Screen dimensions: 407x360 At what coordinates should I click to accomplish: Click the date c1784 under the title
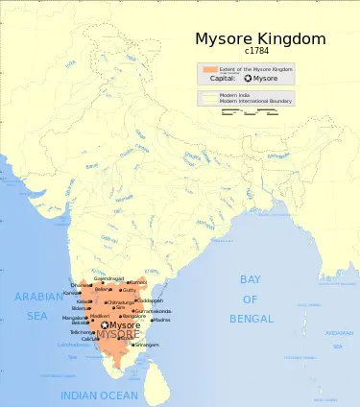coord(256,52)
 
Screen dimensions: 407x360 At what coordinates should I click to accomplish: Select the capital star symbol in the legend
coord(248,79)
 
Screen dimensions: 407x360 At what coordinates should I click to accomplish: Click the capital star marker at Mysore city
coord(105,325)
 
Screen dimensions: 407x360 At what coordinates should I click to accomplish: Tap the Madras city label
coord(161,320)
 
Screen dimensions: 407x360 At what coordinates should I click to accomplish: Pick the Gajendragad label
coord(109,278)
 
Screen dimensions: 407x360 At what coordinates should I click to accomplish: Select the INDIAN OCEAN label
coord(93,395)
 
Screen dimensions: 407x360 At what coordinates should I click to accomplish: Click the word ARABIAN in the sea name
coord(38,298)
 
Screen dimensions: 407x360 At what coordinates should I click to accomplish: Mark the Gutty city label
coord(129,289)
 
